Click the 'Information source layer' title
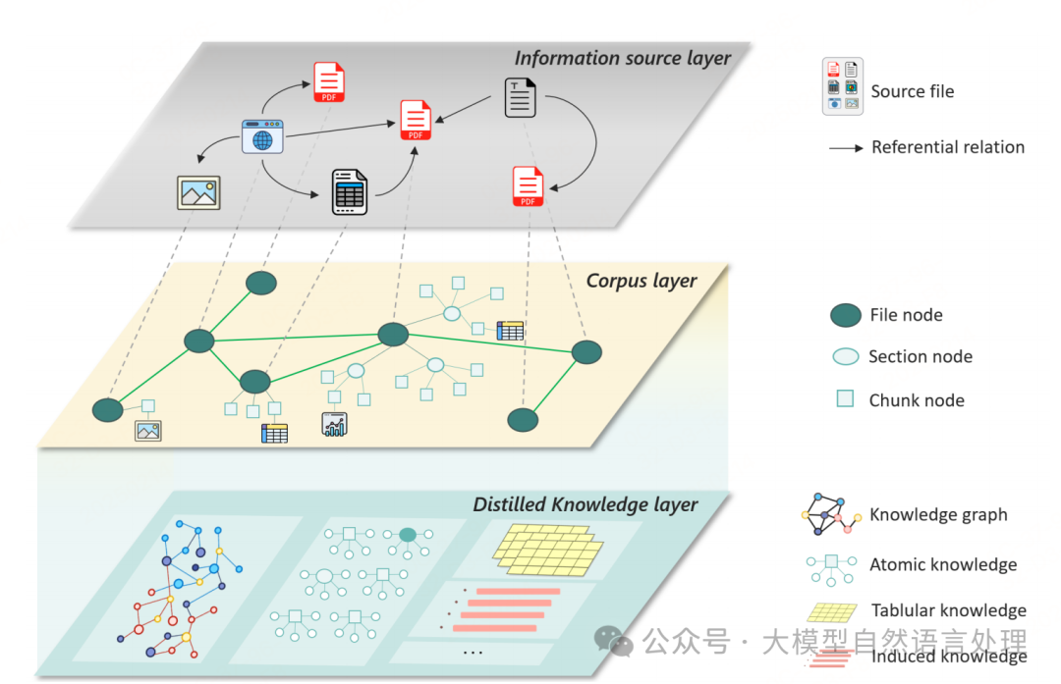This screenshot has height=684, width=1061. (x=623, y=58)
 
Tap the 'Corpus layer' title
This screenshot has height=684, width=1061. (x=642, y=281)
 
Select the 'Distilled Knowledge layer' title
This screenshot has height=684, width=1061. (x=586, y=504)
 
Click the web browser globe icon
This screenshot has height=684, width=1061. (x=262, y=136)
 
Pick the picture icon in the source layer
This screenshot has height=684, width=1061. (x=198, y=192)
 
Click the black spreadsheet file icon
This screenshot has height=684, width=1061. (x=349, y=192)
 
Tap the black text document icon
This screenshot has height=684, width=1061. (x=521, y=98)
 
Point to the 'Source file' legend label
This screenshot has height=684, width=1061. (x=912, y=91)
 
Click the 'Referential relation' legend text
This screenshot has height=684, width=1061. (x=948, y=147)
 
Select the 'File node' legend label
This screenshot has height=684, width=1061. (x=906, y=315)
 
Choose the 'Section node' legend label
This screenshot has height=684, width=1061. (x=921, y=356)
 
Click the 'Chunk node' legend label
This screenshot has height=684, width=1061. (x=917, y=400)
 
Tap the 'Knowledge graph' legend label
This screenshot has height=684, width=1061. (x=938, y=514)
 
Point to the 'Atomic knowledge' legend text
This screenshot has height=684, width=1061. (x=943, y=564)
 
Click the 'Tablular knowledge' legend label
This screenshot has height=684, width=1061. (x=948, y=610)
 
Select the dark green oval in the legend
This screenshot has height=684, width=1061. (x=846, y=315)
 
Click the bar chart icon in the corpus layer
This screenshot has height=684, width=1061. (x=335, y=424)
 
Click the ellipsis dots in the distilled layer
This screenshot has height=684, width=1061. (x=473, y=652)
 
